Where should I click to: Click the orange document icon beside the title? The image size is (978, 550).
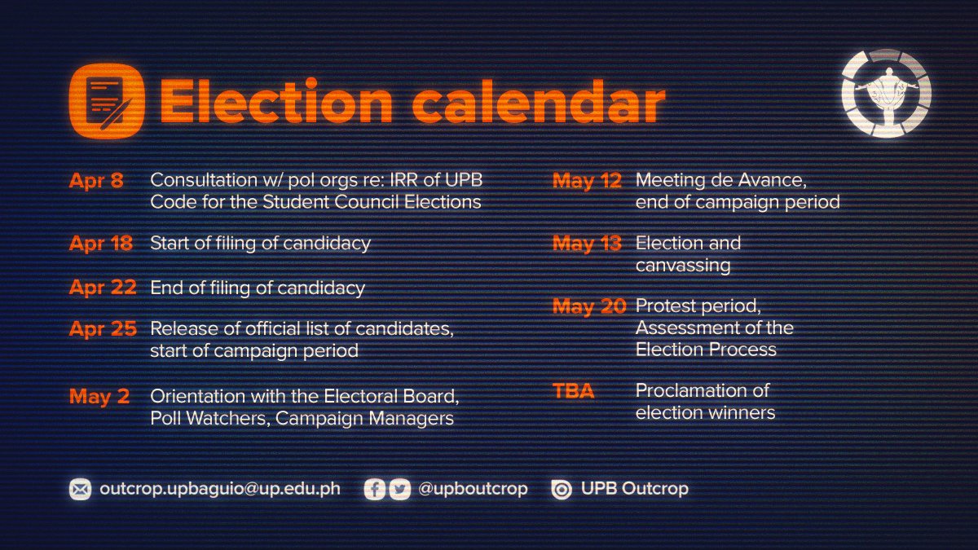[107, 102]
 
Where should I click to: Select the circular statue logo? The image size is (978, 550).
[886, 93]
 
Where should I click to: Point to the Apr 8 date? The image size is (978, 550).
[96, 181]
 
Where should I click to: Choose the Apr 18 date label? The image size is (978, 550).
[101, 243]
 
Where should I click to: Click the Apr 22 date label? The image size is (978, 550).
[101, 288]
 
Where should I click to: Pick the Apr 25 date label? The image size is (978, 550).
[102, 329]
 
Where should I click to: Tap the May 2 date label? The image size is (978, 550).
[99, 397]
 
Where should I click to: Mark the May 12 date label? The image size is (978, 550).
[587, 181]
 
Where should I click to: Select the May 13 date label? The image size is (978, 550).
[587, 243]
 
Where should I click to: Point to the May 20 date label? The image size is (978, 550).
[589, 306]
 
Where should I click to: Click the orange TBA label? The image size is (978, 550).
[574, 392]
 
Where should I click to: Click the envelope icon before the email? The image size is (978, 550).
[80, 490]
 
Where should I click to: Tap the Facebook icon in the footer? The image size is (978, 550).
[375, 490]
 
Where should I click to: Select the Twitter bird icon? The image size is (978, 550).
[399, 490]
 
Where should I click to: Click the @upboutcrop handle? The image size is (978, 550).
[472, 489]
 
